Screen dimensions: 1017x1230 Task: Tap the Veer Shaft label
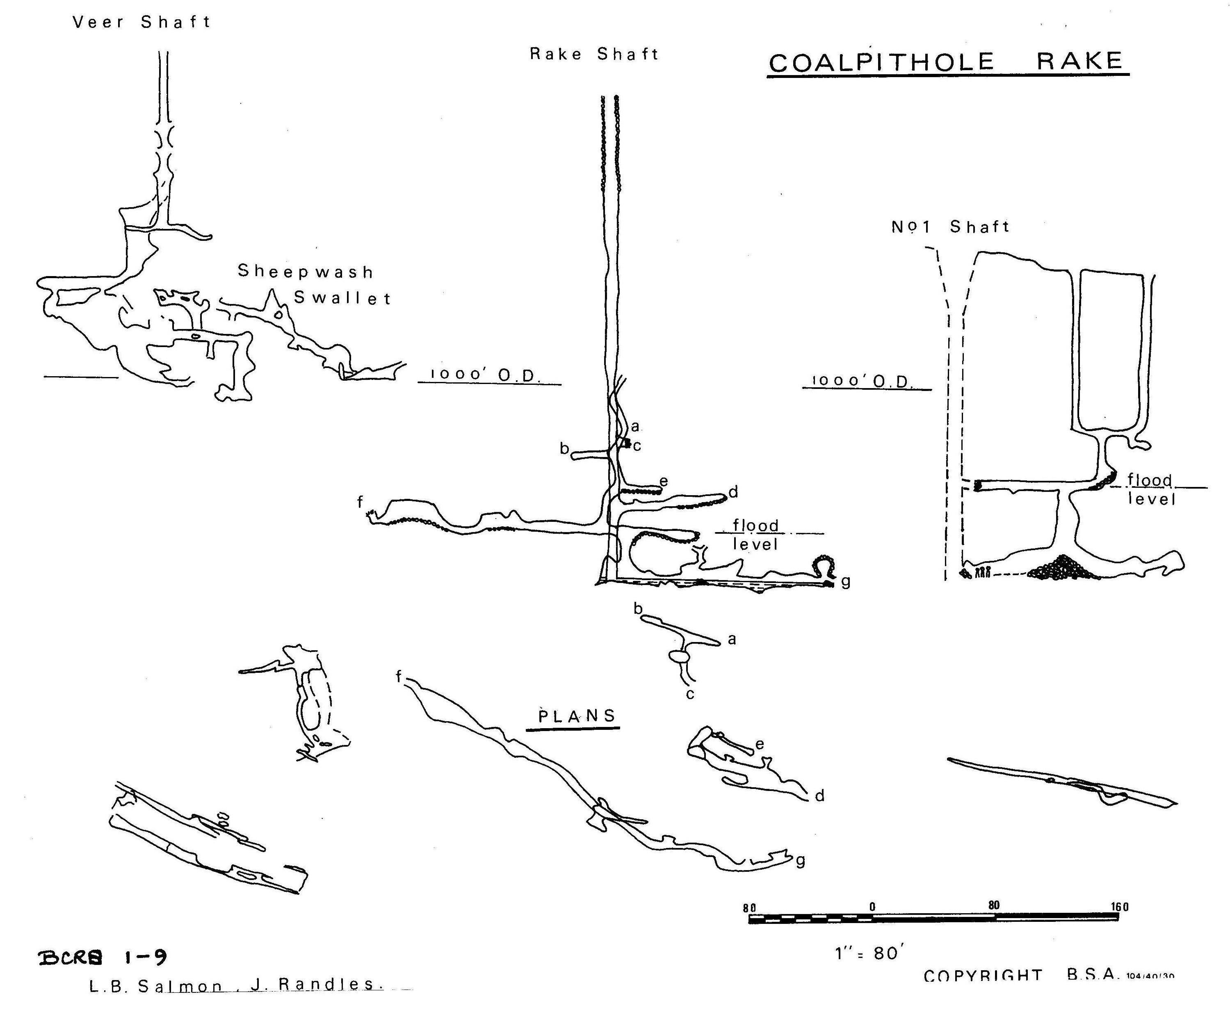[141, 22]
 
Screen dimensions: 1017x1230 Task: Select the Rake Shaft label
[594, 55]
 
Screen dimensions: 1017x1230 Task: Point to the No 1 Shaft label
[950, 227]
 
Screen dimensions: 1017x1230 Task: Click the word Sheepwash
[305, 272]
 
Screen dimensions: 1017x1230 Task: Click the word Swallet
[342, 298]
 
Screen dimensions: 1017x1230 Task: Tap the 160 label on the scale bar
[1119, 907]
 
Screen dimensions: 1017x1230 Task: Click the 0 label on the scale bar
[872, 907]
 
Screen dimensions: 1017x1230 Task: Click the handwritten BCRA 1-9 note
[103, 958]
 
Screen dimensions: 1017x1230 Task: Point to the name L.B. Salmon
[156, 987]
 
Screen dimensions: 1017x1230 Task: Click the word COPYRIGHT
[983, 976]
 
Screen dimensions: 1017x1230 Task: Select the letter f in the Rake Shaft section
[360, 501]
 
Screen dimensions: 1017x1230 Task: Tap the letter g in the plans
[800, 861]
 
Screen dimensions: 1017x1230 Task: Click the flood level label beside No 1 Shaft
[1151, 490]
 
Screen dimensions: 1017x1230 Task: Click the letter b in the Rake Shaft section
[564, 449]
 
